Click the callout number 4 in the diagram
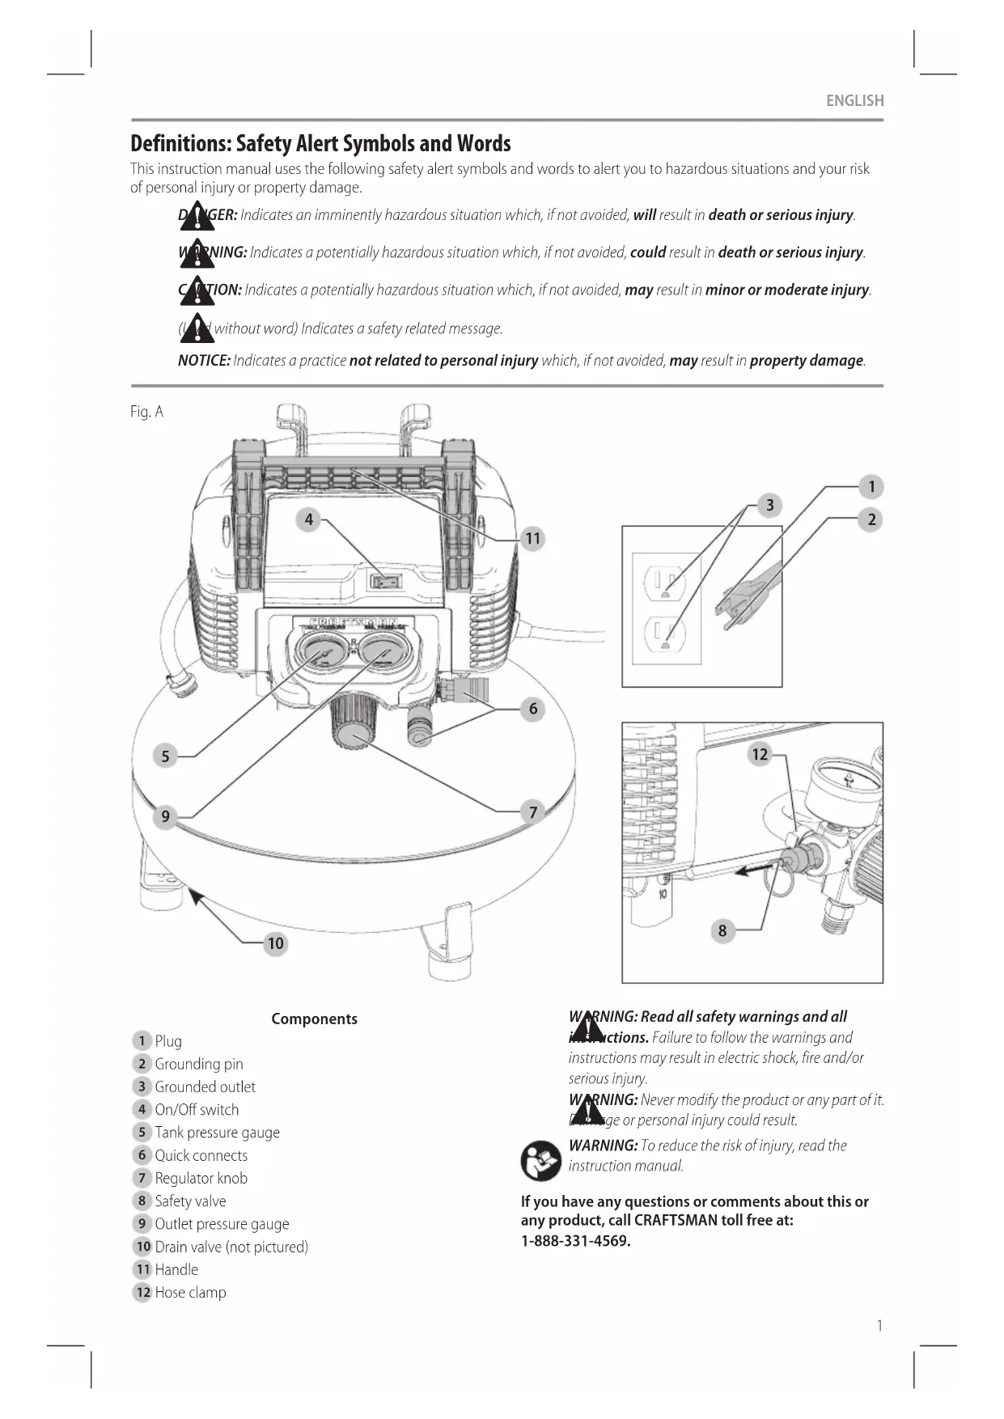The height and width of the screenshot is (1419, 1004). (308, 519)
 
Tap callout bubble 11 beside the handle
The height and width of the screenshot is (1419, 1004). (532, 539)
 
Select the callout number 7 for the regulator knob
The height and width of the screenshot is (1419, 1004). (532, 811)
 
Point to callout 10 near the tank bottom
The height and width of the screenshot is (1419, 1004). (276, 943)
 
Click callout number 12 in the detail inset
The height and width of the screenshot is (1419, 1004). (760, 755)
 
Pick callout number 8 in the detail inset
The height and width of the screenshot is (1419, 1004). (722, 930)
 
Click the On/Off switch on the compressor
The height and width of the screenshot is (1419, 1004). (386, 581)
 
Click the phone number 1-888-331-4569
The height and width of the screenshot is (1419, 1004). (575, 1241)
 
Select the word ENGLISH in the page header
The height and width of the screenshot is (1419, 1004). (854, 101)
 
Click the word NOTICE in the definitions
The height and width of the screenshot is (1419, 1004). (204, 361)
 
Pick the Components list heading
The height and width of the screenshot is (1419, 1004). (314, 1019)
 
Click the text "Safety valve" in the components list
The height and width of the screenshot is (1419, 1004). (190, 1201)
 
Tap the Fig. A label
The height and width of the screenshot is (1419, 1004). (146, 412)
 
